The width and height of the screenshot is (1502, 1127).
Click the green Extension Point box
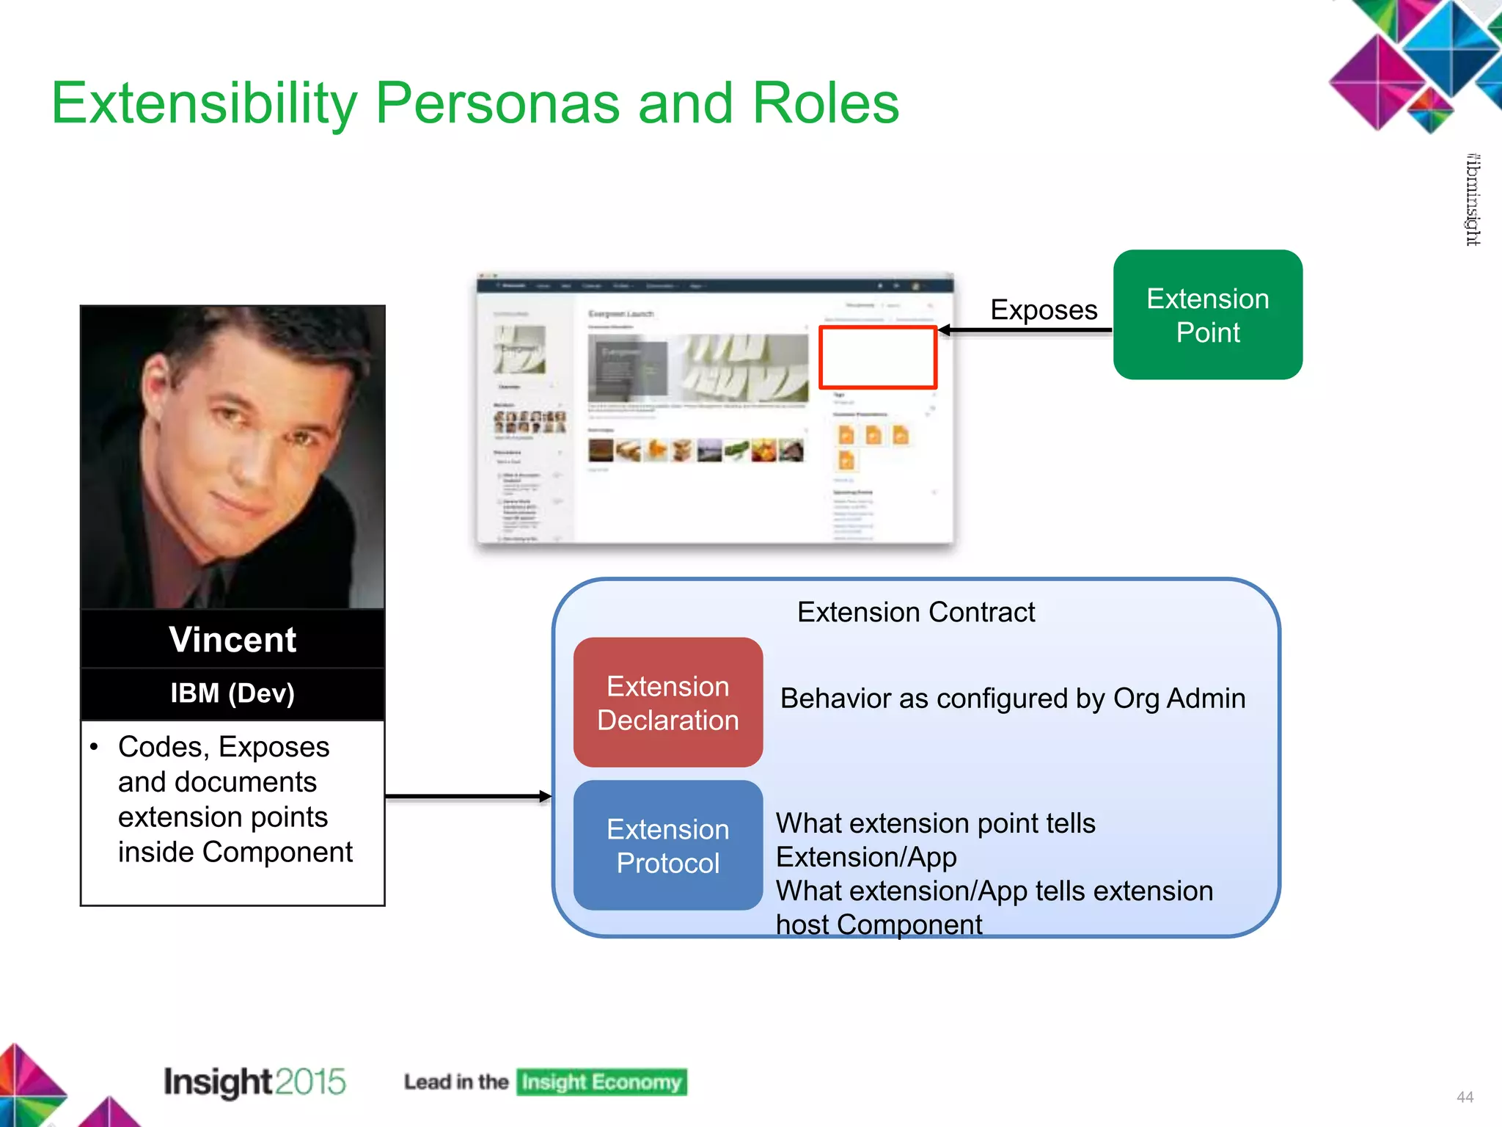pyautogui.click(x=1207, y=315)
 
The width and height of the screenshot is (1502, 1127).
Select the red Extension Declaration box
pyautogui.click(x=667, y=702)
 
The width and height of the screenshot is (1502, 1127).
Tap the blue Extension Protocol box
pyautogui.click(x=667, y=845)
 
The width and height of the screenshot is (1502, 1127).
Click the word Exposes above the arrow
pyautogui.click(x=1043, y=310)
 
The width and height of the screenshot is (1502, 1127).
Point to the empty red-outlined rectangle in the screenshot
pyautogui.click(x=877, y=357)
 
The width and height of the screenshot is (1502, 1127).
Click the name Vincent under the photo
pyautogui.click(x=232, y=639)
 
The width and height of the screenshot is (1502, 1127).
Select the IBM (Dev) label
pyautogui.click(x=232, y=693)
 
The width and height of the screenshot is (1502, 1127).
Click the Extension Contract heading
pyautogui.click(x=915, y=612)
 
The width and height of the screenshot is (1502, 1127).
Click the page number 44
pyautogui.click(x=1465, y=1097)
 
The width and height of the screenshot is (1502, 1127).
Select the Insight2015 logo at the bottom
pyautogui.click(x=254, y=1082)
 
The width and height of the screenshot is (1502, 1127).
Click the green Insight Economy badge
pyautogui.click(x=601, y=1082)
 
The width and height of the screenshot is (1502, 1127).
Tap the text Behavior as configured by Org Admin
pyautogui.click(x=1012, y=699)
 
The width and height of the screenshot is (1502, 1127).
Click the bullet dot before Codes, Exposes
pyautogui.click(x=94, y=747)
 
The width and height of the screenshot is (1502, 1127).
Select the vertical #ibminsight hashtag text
pyautogui.click(x=1472, y=200)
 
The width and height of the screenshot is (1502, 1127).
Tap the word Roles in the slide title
pyautogui.click(x=825, y=103)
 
